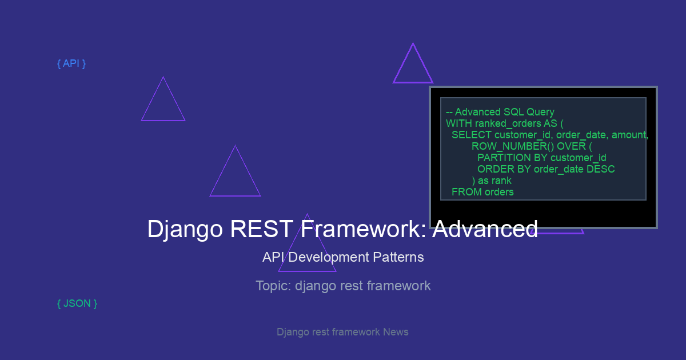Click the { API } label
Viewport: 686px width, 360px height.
click(71, 63)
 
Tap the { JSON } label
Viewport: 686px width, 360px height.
click(77, 303)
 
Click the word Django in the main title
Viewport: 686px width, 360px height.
click(185, 229)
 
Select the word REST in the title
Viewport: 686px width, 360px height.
click(261, 229)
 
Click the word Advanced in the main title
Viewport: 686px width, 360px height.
click(485, 229)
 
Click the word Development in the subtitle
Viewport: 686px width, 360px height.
click(329, 258)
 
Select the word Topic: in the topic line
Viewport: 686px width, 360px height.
click(273, 286)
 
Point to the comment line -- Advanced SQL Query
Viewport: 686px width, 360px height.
click(500, 112)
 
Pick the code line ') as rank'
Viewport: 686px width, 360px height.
click(492, 181)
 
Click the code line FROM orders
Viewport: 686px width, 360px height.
click(482, 192)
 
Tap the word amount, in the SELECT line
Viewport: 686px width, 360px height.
click(630, 135)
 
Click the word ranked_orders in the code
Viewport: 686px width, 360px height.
click(508, 123)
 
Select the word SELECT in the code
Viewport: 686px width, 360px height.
click(471, 135)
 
